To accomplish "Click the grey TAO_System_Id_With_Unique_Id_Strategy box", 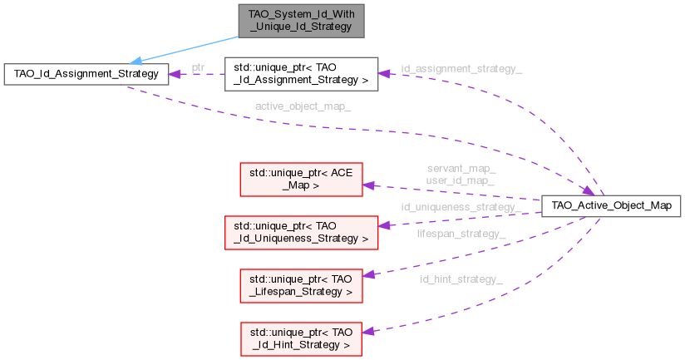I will (300, 21).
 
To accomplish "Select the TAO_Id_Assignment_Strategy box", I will (86, 75).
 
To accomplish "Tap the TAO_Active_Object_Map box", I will (611, 205).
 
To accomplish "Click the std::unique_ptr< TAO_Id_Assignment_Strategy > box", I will (302, 73).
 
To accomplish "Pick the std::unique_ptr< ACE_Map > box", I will (302, 180).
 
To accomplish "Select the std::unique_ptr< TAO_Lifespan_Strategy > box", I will (302, 284).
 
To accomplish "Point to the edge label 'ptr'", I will (198, 67).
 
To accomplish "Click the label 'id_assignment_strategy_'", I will (461, 67).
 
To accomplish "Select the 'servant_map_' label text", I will (461, 169).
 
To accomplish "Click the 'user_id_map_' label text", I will (461, 180).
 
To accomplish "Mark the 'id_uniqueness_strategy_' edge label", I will (461, 206).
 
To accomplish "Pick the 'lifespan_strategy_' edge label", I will (461, 234).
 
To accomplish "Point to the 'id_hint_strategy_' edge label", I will (461, 279).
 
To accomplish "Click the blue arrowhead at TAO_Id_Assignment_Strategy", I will (135, 61).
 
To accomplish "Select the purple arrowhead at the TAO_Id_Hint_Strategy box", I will (368, 330).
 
